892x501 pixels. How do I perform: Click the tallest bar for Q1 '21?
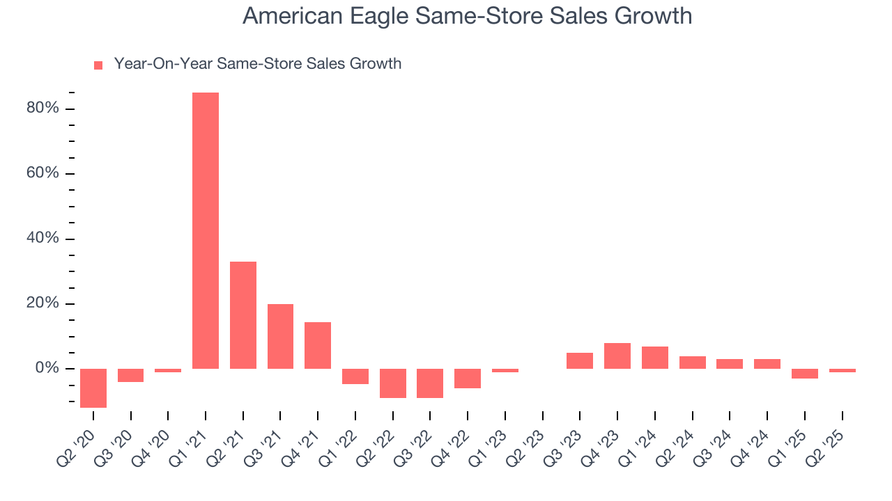pos(206,230)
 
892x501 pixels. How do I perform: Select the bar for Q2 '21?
pos(243,315)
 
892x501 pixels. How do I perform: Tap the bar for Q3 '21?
pos(280,336)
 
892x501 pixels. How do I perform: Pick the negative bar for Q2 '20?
pos(93,388)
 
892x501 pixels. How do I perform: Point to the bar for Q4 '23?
pos(617,356)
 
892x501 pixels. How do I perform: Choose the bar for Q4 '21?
pos(318,345)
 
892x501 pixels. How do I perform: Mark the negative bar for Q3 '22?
pos(430,383)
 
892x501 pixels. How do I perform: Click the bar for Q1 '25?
pos(804,373)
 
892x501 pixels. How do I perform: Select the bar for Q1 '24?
pos(655,357)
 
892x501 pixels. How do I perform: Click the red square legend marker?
pos(98,65)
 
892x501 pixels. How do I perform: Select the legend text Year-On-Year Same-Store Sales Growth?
pos(257,64)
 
